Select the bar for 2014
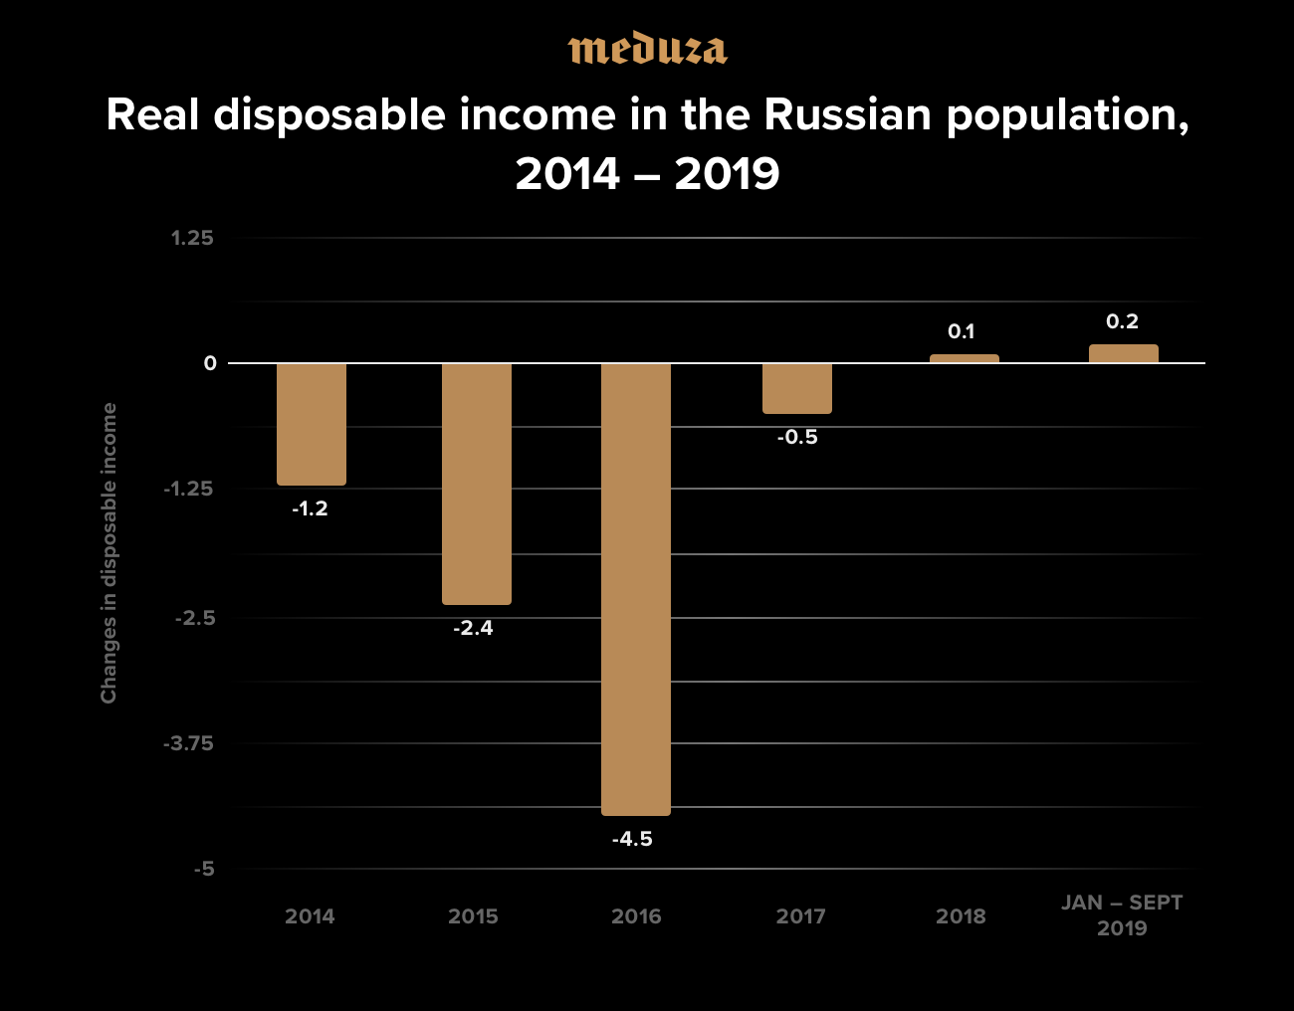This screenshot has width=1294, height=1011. click(312, 424)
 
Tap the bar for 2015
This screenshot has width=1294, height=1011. click(477, 484)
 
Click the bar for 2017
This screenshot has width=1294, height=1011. click(797, 388)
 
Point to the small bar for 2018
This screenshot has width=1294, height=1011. click(965, 358)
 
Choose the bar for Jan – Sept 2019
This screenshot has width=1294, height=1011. click(1124, 353)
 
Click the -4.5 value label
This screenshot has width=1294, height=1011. click(632, 839)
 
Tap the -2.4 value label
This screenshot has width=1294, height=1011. click(473, 628)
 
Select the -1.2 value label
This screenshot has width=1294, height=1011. click(310, 508)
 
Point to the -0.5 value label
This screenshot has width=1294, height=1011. click(797, 437)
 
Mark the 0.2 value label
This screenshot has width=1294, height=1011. click(1122, 321)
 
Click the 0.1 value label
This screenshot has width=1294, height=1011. click(961, 331)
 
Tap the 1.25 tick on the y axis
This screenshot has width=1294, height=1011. click(192, 238)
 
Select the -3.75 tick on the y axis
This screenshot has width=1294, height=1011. click(188, 743)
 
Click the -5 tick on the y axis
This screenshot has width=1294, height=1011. click(203, 869)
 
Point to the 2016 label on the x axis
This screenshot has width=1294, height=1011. click(636, 916)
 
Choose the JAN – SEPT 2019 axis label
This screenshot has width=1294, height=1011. click(1122, 915)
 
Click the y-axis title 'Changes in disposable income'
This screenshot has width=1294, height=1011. click(108, 553)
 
